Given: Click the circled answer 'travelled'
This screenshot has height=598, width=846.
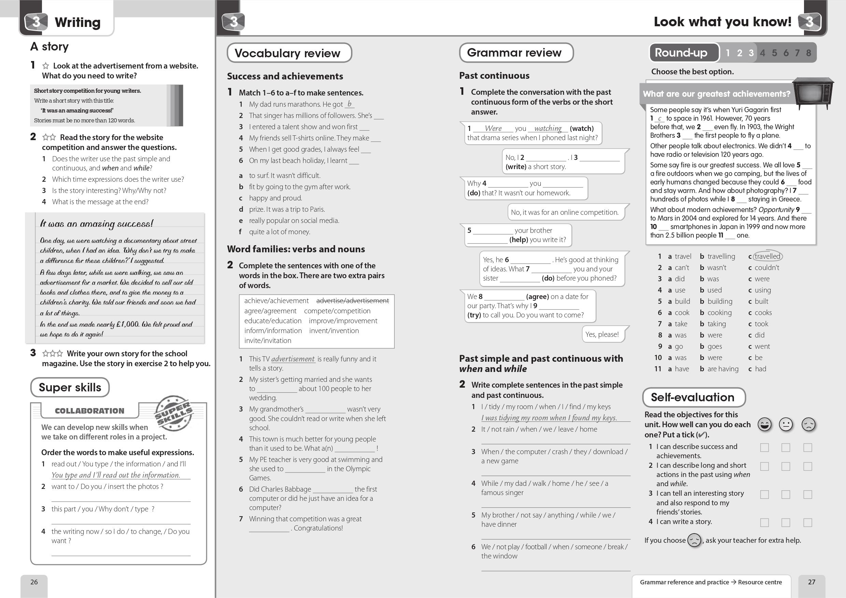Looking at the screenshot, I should (767, 256).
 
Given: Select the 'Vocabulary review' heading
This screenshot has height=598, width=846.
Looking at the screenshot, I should (287, 53).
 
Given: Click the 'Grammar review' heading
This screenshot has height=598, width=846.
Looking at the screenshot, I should (514, 53).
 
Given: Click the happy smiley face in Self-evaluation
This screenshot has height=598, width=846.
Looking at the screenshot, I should (764, 424).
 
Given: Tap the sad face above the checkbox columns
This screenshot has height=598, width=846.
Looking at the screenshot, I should (808, 424).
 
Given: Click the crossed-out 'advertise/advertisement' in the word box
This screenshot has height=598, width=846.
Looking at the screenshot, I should (352, 301).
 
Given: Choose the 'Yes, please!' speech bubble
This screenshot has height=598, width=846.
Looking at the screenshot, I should (602, 334).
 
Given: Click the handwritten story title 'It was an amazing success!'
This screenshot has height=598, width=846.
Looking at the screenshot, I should (97, 224).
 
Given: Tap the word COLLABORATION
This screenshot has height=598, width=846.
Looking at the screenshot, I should (89, 411).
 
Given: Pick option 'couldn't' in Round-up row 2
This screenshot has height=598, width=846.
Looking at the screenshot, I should (767, 268).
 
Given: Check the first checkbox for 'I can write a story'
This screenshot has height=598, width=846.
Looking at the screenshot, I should (764, 523).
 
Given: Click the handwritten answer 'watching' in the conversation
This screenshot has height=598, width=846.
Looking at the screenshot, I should (548, 128).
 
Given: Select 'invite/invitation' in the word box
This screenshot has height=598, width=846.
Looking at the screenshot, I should (268, 341).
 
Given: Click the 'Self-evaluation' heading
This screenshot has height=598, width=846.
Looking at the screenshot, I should (692, 397).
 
